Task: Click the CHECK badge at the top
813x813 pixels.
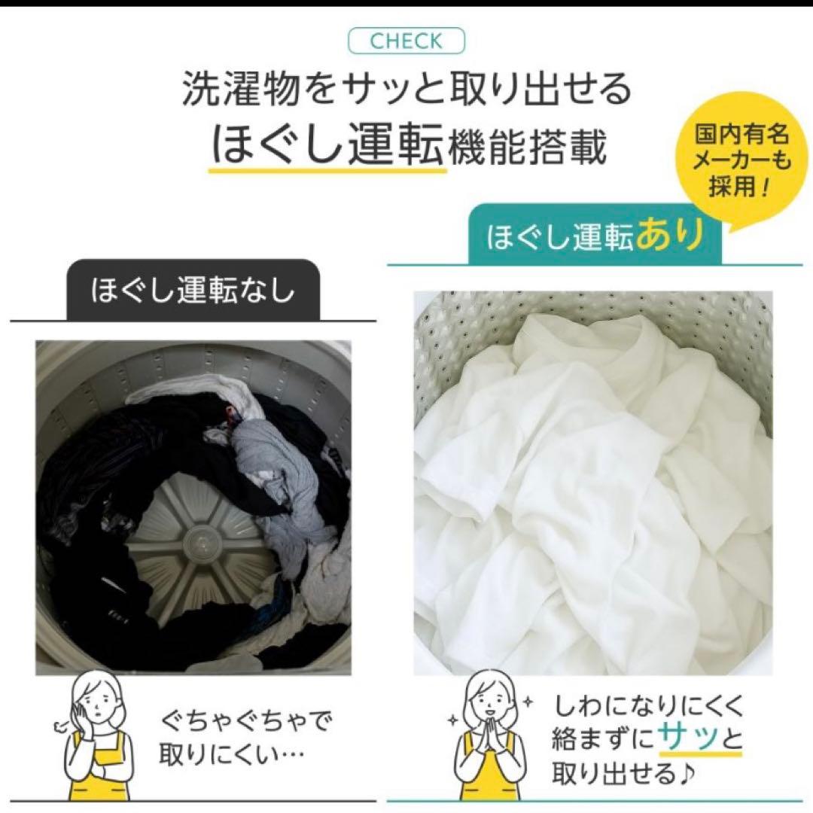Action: pos(406,41)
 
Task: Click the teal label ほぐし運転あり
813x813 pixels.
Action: pos(595,236)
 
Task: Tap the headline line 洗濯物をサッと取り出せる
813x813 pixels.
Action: pos(406,90)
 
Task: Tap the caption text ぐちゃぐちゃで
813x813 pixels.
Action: pos(245,722)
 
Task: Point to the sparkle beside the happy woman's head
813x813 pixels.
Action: pos(529,701)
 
